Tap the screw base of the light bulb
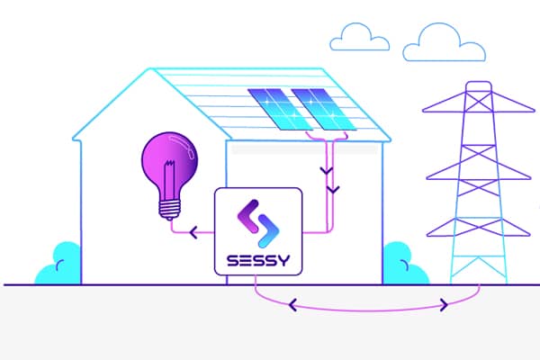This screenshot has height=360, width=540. coord(170,210)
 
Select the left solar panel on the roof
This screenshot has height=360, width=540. coord(280,109)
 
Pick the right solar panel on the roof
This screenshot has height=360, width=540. coord(324,109)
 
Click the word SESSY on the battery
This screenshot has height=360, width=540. coord(258,261)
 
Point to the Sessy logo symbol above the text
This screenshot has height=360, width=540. coord(258,223)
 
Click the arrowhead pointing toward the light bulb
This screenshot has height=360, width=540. coord(193,232)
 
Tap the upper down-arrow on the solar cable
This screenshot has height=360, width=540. coord(327,170)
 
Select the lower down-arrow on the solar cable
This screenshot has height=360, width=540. coord(333,190)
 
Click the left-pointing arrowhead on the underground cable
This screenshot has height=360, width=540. coord(292,305)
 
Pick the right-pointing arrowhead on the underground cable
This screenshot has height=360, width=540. coord(445,305)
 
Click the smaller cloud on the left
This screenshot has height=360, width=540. coord(359,37)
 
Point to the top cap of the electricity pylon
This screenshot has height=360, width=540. coord(479,84)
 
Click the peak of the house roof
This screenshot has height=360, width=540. coord(151,68)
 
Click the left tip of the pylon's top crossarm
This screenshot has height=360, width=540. coord(423,111)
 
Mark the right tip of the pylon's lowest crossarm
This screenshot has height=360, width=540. coord(530,235)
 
